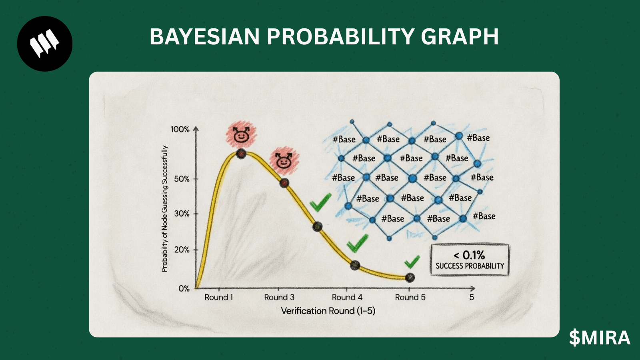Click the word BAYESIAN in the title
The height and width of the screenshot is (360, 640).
coord(204,36)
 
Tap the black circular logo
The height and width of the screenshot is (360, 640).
coord(45,44)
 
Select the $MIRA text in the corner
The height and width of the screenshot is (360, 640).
coord(600,338)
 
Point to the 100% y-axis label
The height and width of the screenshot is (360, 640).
coord(180,130)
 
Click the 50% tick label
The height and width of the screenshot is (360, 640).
coord(182,179)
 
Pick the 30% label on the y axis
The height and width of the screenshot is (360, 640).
coord(182,214)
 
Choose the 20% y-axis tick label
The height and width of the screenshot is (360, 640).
coord(182,250)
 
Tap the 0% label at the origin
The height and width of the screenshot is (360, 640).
coord(184,288)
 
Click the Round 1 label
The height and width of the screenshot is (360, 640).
coord(219,298)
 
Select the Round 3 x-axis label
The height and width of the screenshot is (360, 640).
coord(279,298)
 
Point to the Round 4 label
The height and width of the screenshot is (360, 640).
coord(347,298)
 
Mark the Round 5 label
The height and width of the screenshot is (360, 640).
coord(410,298)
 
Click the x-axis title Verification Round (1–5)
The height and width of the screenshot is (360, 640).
coord(328,311)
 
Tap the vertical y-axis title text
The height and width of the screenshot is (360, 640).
coord(164,209)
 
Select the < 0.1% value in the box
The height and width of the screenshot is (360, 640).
coord(469,255)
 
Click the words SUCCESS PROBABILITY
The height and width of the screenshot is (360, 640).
coord(470,266)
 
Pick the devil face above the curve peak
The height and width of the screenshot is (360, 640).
coord(241,135)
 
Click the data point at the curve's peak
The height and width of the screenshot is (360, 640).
coord(241,154)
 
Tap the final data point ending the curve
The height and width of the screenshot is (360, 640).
coord(410,278)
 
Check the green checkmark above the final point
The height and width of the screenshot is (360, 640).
coord(412,262)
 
